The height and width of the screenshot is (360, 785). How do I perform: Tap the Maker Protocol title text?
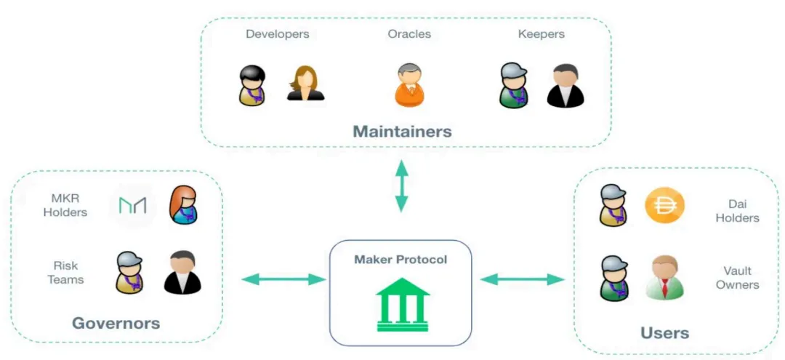400,260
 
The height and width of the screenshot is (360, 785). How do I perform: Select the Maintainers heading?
402,132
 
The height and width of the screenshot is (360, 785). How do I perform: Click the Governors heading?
116,322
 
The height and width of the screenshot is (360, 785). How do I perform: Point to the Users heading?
664,333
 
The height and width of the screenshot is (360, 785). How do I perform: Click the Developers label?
277,34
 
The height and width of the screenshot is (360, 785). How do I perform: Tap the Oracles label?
409,34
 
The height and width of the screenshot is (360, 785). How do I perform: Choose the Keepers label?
541,34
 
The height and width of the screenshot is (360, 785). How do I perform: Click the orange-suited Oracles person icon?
409,85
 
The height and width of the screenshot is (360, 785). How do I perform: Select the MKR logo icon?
132,206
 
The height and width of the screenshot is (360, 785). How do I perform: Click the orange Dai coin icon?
665,206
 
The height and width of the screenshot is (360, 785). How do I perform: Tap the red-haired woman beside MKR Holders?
183,205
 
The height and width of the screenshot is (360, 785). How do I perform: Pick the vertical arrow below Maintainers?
400,186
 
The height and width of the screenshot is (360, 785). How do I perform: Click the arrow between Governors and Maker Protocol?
283,279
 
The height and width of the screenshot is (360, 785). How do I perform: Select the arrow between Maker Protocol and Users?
522,279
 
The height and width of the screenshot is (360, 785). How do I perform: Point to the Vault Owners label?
737,277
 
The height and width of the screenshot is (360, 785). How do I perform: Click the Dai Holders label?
737,211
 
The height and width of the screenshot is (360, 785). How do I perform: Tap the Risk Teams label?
66,272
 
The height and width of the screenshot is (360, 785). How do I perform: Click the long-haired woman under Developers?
305,84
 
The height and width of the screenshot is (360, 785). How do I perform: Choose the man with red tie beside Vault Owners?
664,277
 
